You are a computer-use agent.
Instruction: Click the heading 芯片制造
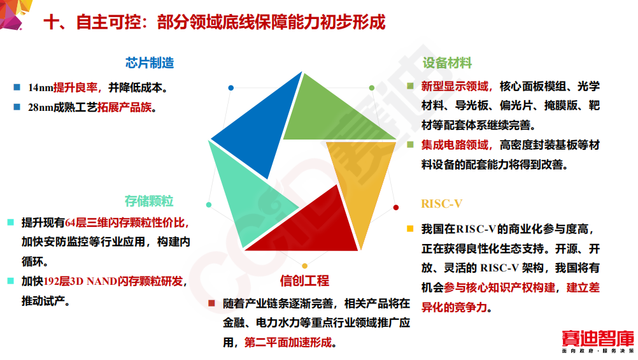tap(150, 63)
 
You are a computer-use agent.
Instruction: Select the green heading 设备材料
tap(447, 63)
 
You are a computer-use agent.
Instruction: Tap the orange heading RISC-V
tap(441, 204)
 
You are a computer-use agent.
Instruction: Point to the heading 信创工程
tap(304, 281)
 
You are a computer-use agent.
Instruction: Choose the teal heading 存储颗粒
tap(149, 202)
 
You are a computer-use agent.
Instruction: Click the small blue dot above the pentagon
tap(231, 88)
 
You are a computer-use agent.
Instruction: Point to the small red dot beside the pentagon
tap(396, 208)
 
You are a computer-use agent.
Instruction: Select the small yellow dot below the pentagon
tap(304, 266)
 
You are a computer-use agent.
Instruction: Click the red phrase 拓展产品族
tap(124, 107)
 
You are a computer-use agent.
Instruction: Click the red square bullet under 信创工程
tap(211, 303)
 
